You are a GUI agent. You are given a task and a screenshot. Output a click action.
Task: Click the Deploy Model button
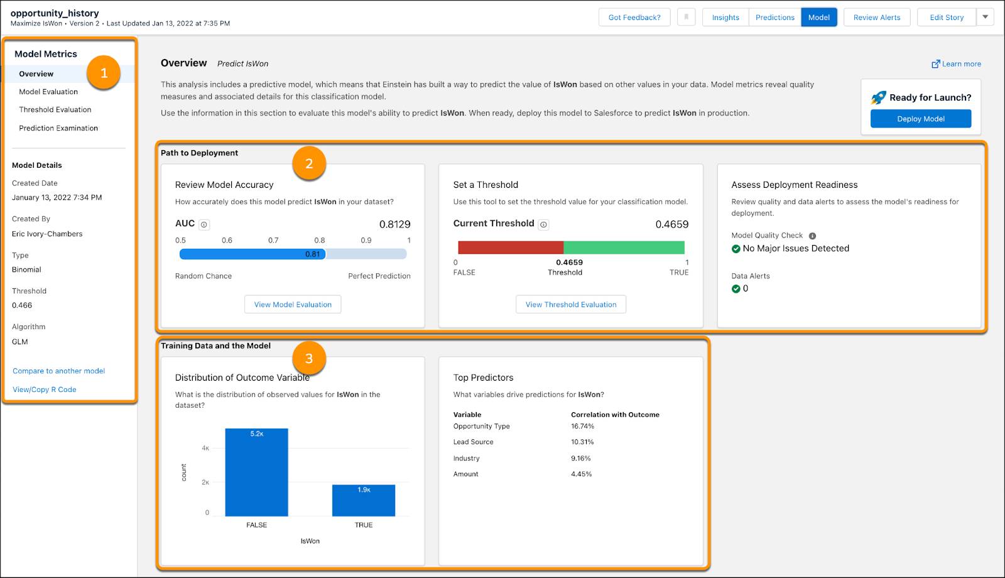click(x=920, y=119)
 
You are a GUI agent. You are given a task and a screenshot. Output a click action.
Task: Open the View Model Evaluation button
click(x=293, y=305)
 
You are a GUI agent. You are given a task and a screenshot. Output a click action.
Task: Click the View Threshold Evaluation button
click(x=570, y=305)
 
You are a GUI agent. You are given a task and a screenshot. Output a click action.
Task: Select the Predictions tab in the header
click(x=774, y=18)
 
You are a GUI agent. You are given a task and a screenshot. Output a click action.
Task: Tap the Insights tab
click(x=725, y=18)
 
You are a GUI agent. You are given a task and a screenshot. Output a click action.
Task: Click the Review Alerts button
click(x=876, y=18)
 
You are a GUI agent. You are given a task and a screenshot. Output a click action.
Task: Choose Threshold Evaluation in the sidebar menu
click(x=55, y=110)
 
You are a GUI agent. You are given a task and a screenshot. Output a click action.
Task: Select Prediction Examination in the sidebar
click(x=58, y=128)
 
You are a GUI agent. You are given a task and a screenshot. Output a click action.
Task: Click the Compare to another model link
click(x=59, y=371)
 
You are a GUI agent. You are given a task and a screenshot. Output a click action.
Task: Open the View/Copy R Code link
click(x=45, y=390)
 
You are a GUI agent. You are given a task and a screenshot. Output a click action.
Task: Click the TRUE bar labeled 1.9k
click(x=364, y=501)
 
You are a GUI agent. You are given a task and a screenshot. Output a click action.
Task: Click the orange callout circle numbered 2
click(x=309, y=164)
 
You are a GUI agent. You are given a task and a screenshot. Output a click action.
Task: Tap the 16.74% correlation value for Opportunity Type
click(x=582, y=427)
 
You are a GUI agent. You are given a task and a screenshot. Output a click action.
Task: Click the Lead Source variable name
click(x=474, y=442)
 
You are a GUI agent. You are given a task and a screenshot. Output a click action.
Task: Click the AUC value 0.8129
click(x=394, y=224)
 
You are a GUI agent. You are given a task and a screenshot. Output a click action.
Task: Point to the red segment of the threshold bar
click(x=510, y=248)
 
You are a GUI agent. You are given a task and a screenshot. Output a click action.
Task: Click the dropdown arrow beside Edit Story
click(x=985, y=18)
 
